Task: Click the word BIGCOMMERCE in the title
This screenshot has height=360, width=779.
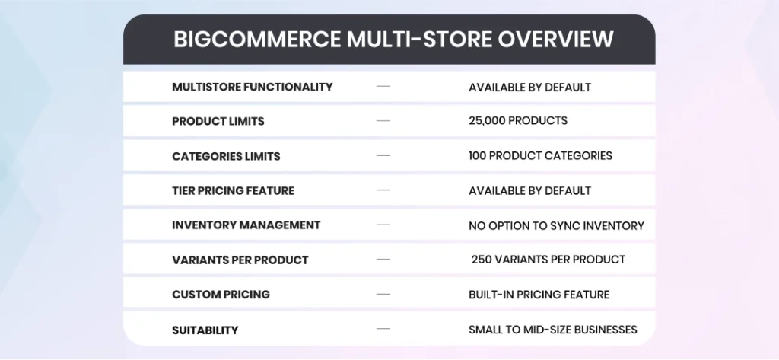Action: pos(257,40)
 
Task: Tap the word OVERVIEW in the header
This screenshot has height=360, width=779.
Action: pos(555,40)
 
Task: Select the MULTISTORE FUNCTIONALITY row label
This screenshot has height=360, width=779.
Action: pos(253,87)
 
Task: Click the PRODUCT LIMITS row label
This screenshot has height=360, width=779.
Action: pos(218,121)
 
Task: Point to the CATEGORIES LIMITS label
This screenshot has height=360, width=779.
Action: pos(226,156)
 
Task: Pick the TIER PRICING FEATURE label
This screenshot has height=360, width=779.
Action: pos(233,190)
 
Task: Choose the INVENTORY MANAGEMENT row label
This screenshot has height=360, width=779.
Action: pos(246,225)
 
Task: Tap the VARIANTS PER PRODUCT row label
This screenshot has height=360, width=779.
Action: pos(240,260)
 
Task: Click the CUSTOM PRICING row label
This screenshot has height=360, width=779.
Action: pos(221,295)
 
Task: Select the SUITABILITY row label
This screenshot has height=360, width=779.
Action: pos(205,330)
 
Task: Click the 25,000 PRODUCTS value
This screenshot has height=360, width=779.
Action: pos(517,121)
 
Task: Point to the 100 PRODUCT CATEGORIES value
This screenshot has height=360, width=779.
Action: pos(540,155)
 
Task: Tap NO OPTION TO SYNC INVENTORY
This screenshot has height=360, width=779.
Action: pos(556,226)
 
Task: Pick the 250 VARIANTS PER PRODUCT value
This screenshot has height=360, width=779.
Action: pos(548,260)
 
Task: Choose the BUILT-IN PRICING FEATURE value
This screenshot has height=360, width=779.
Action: pos(539,295)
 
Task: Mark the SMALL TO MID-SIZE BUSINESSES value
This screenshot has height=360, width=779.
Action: pos(553,330)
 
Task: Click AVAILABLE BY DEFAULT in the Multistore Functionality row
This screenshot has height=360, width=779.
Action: pos(529,88)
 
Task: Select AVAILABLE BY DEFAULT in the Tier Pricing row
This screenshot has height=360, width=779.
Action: pos(529,191)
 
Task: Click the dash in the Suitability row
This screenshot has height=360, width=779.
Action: pos(383,329)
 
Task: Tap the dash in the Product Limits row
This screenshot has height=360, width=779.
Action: pos(383,121)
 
